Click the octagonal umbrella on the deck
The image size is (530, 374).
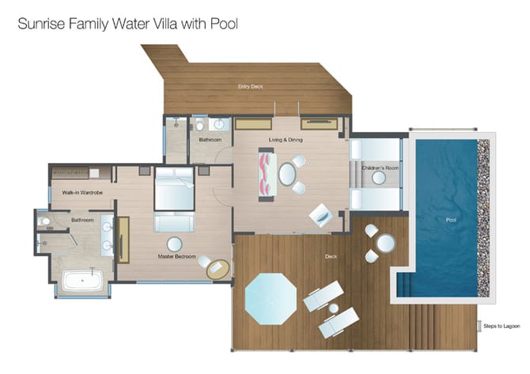(271, 299)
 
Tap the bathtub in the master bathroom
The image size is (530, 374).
(83, 280)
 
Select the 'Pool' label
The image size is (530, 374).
(451, 220)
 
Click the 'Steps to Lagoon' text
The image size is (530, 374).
(502, 326)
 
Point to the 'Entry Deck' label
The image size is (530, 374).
(250, 86)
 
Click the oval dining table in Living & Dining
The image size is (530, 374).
(287, 174)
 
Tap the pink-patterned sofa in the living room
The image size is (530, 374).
(267, 174)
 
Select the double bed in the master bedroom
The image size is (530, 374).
(174, 188)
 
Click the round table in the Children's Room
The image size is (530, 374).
(379, 178)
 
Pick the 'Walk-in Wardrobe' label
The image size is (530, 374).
(82, 193)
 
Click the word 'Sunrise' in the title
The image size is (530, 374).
(41, 24)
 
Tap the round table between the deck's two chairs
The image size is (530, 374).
(386, 244)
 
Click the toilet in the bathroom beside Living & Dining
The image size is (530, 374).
(200, 126)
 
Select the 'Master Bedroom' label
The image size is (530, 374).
(176, 256)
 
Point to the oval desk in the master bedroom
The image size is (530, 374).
(218, 270)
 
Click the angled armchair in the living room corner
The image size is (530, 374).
(321, 215)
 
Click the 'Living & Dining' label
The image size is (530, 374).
(286, 139)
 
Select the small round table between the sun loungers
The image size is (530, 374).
(334, 308)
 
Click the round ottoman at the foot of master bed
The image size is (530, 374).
(174, 244)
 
